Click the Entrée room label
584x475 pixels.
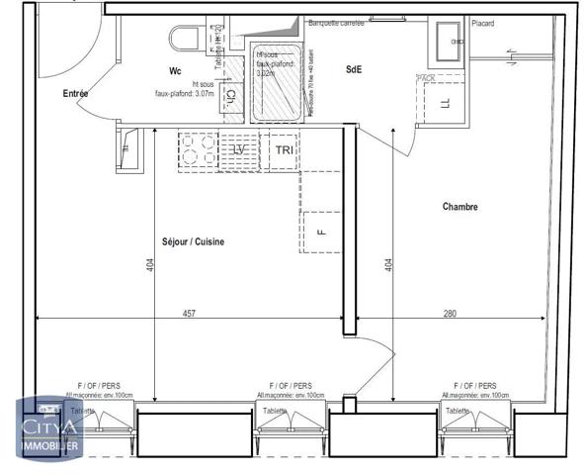coord(75,94)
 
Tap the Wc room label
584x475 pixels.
coord(175,71)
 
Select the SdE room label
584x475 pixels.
coord(353,70)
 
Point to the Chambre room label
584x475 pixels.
coord(460,208)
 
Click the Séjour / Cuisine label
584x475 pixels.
coord(193,242)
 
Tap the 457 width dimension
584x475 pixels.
coord(189,313)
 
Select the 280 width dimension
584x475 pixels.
coord(450,313)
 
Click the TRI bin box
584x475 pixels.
coord(284,149)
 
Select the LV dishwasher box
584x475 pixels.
coord(240,149)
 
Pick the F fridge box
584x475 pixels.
coord(320,233)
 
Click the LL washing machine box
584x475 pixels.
coord(444,102)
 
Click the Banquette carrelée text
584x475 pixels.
coord(337,23)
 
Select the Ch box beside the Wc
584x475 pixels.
coord(230,96)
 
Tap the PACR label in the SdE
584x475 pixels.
coord(427,77)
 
